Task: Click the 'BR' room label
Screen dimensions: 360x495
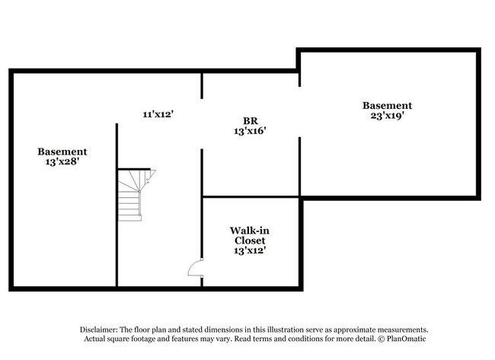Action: (250, 120)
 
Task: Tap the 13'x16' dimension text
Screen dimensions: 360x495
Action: (250, 131)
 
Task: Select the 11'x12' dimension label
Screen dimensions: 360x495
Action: (158, 113)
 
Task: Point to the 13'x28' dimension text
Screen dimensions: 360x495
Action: (62, 163)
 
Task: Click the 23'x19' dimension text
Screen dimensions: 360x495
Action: (387, 116)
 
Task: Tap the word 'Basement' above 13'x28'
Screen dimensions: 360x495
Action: (62, 152)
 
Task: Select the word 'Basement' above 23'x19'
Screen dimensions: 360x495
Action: (387, 106)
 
